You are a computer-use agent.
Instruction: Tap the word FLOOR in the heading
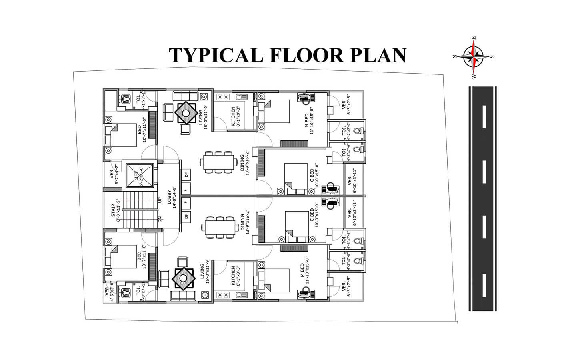(x=306, y=55)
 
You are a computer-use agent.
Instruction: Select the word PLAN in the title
(x=378, y=55)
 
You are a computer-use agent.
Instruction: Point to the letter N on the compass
(x=455, y=56)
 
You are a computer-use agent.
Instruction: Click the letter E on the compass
(x=474, y=38)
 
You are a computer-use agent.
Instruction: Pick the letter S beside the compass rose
(x=492, y=56)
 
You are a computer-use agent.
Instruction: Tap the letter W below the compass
(x=474, y=76)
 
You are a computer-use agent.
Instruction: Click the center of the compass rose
(x=474, y=56)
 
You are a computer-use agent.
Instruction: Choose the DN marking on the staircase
(x=160, y=220)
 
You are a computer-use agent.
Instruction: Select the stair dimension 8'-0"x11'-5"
(x=118, y=211)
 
